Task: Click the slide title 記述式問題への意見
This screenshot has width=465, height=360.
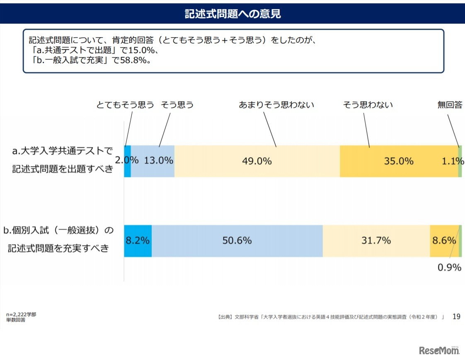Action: pyautogui.click(x=232, y=14)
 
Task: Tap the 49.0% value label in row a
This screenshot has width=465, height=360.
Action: pyautogui.click(x=257, y=161)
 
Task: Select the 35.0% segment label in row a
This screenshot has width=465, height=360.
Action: pyautogui.click(x=399, y=161)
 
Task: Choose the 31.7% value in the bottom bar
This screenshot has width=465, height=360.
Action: pyautogui.click(x=376, y=241)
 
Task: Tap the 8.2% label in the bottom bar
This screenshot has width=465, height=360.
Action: pyautogui.click(x=138, y=241)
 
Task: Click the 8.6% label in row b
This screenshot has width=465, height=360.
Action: pyautogui.click(x=444, y=241)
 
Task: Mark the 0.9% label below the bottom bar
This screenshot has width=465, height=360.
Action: pyautogui.click(x=449, y=268)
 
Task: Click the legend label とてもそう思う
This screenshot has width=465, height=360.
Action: pyautogui.click(x=125, y=105)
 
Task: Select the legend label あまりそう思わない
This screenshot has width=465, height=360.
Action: pyautogui.click(x=276, y=105)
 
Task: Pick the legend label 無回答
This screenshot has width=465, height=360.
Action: pyautogui.click(x=450, y=105)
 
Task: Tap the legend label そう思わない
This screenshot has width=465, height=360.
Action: pyautogui.click(x=368, y=105)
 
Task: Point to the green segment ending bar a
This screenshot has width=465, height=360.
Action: pyautogui.click(x=460, y=161)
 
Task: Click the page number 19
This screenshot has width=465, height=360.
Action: pyautogui.click(x=456, y=316)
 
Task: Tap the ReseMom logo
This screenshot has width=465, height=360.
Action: pyautogui.click(x=440, y=350)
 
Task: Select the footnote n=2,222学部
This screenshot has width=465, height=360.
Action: pyautogui.click(x=21, y=315)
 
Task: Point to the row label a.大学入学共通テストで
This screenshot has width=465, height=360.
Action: pyautogui.click(x=63, y=151)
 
